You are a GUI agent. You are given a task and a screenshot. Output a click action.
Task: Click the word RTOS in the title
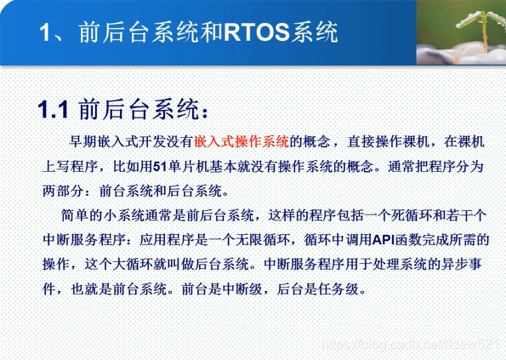[x=257, y=32]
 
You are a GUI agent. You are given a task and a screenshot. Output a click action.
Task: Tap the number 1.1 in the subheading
[x=53, y=110]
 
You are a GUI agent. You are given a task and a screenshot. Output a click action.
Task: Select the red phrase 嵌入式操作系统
[x=242, y=142]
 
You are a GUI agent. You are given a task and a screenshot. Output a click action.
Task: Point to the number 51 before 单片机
[x=160, y=167]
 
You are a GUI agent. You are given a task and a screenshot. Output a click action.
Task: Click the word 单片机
[x=188, y=167]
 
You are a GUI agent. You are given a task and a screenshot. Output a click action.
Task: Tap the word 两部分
[x=63, y=191]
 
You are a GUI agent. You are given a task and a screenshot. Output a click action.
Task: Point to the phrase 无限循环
[x=262, y=240]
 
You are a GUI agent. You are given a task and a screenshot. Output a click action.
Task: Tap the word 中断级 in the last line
[x=242, y=289]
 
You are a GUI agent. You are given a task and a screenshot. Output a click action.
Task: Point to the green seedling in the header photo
[x=483, y=29]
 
